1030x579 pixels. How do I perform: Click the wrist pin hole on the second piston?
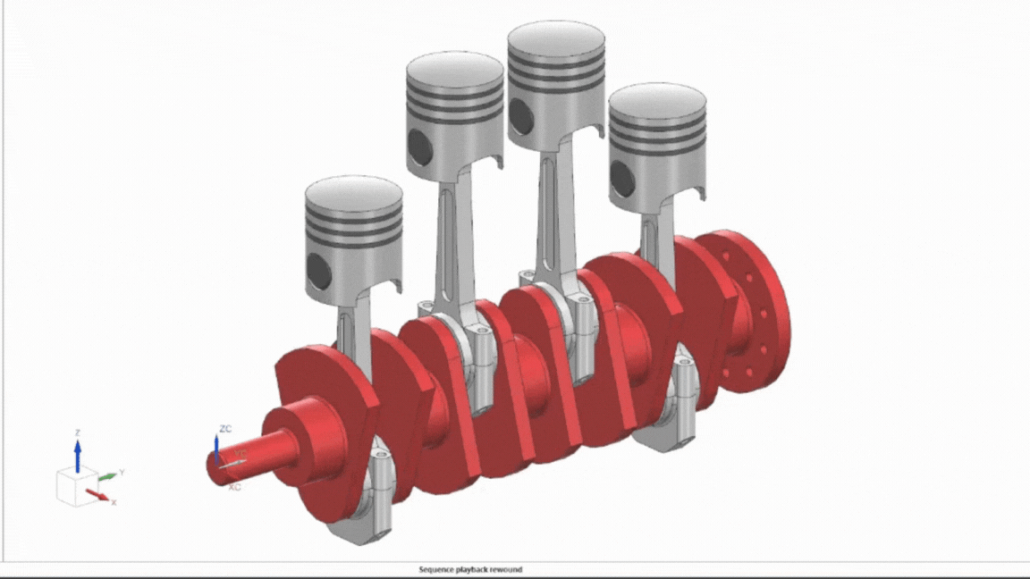point(419,143)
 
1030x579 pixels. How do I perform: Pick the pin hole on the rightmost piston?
point(622,179)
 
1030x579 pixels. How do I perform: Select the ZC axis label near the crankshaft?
point(225,429)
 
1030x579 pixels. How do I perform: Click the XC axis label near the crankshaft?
point(234,488)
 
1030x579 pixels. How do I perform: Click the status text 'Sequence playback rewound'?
point(470,569)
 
